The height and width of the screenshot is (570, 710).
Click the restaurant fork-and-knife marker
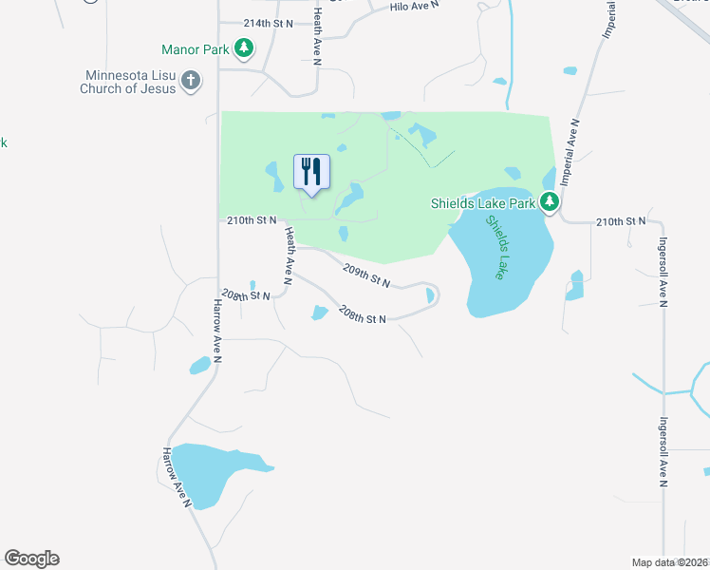[x=311, y=172]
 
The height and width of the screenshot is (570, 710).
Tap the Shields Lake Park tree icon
[x=550, y=200]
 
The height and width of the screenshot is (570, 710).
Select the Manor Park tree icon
[x=244, y=47]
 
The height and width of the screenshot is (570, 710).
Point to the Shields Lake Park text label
[x=482, y=201]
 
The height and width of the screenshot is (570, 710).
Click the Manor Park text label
[x=196, y=48]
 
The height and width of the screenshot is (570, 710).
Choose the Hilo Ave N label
[x=416, y=7]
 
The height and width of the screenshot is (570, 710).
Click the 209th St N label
[x=366, y=275]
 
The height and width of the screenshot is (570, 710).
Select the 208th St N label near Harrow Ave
[x=246, y=295]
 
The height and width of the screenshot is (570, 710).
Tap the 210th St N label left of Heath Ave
[x=252, y=220]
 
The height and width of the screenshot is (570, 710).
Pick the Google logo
[x=32, y=559]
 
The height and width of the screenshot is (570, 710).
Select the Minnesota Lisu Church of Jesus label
[x=131, y=82]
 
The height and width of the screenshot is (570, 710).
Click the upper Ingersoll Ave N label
[x=663, y=272]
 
